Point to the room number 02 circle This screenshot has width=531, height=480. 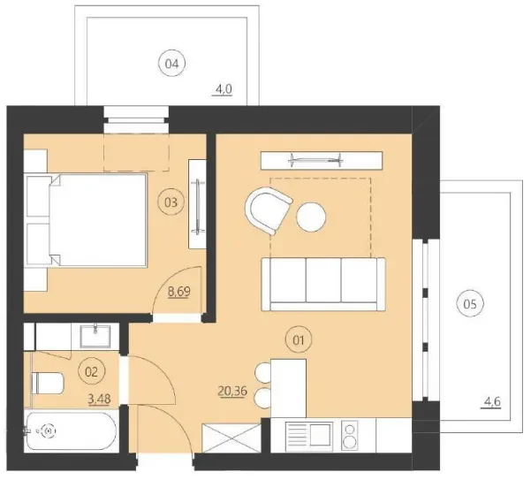[88, 373]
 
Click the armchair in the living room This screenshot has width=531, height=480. [269, 210]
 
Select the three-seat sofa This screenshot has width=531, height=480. [323, 283]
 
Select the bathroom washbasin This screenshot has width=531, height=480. [93, 336]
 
